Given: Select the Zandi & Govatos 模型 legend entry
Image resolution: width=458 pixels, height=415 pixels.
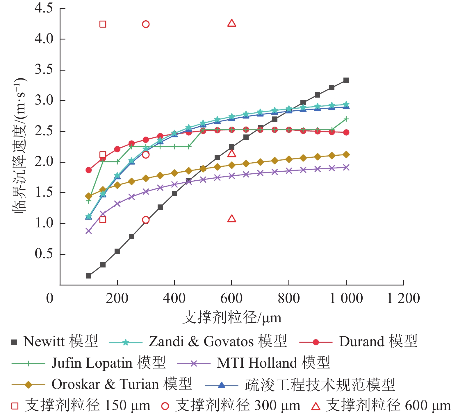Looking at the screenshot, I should tap(198, 342).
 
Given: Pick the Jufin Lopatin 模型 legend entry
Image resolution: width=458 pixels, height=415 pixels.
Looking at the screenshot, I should tap(89, 363).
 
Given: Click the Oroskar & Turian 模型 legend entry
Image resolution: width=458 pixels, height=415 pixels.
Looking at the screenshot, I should tap(102, 385).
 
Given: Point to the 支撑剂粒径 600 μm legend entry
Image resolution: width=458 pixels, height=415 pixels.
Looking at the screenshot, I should tap(381, 406).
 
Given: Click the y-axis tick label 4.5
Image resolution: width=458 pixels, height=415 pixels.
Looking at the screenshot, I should tap(44, 8).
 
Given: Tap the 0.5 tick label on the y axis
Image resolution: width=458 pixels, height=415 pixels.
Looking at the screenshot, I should tap(44, 254).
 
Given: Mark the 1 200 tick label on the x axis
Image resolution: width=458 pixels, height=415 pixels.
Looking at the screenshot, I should tap(403, 298).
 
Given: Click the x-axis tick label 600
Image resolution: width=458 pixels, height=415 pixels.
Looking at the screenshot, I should tap(231, 298).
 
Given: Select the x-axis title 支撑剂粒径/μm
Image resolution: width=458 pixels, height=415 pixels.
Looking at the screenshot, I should tap(232, 317).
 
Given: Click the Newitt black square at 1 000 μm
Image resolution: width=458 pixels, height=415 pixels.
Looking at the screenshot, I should tap(346, 80).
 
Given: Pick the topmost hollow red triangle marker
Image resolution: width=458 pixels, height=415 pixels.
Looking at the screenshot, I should tap(232, 23).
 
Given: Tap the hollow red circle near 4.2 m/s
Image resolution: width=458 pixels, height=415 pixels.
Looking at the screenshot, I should tap(146, 24).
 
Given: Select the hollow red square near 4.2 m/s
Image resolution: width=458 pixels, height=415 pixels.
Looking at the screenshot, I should tap(103, 24).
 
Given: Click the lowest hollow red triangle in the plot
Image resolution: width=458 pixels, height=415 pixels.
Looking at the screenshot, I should tap(232, 219).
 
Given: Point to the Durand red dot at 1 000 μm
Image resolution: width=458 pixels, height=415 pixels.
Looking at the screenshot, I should tap(346, 132).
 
